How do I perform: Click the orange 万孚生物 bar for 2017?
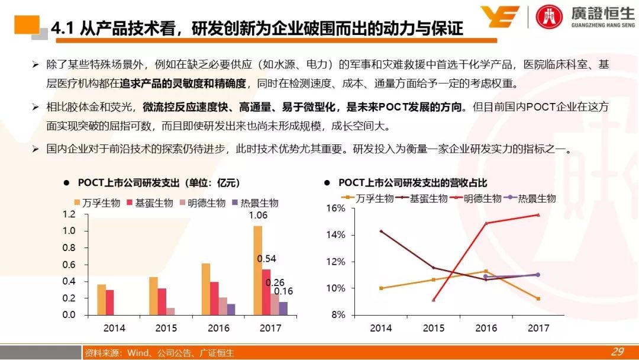coord(257,271)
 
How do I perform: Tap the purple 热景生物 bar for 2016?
coord(231,309)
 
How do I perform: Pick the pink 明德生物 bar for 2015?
coord(170,311)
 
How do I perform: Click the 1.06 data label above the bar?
coord(257,216)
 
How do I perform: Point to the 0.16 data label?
coord(283,291)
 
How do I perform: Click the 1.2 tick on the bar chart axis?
coord(69,214)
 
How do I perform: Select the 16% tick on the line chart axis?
coord(335,208)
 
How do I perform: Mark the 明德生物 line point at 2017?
coord(538,214)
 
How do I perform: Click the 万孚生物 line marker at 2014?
coord(381,288)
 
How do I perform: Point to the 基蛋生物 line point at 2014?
coord(381,231)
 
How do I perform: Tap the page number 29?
coord(617,352)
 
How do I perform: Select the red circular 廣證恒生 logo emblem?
coord(549,17)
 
